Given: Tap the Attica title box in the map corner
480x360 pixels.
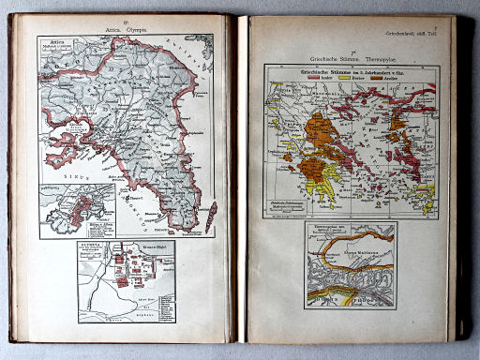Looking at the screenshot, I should pos(56,52).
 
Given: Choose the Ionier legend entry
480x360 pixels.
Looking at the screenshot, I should pos(317,79).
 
